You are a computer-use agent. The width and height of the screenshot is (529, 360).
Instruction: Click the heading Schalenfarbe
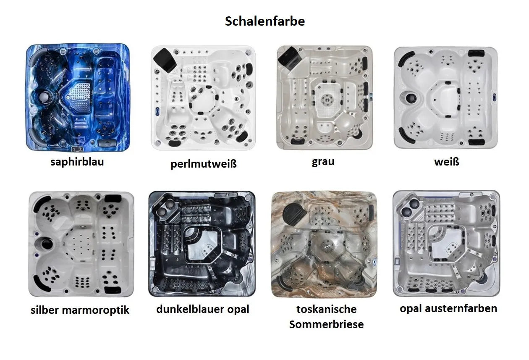[x=265, y=21]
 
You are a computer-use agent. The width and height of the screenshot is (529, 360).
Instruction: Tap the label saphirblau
[x=77, y=162]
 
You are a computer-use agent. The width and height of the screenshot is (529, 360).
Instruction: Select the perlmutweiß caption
[x=204, y=164]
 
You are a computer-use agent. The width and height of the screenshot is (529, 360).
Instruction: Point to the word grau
[x=323, y=162]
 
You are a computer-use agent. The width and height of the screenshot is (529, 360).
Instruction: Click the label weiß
[x=447, y=162]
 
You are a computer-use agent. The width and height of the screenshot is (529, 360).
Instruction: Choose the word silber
[x=45, y=310]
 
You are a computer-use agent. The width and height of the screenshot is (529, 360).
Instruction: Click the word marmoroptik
[x=96, y=310]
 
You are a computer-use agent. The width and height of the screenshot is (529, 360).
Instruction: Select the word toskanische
[x=326, y=309]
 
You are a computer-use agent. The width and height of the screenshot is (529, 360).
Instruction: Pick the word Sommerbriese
[x=326, y=324]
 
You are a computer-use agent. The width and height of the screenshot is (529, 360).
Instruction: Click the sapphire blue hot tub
[x=78, y=97]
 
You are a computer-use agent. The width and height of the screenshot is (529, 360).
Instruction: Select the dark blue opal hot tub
[x=202, y=244]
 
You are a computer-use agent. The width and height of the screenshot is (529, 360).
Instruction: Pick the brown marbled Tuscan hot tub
[x=324, y=244]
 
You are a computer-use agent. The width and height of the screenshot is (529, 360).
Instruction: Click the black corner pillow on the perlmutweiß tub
[x=165, y=60]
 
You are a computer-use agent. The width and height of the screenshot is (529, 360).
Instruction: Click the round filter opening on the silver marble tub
[x=47, y=244]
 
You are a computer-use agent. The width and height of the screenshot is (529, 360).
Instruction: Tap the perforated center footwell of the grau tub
[x=327, y=100]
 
